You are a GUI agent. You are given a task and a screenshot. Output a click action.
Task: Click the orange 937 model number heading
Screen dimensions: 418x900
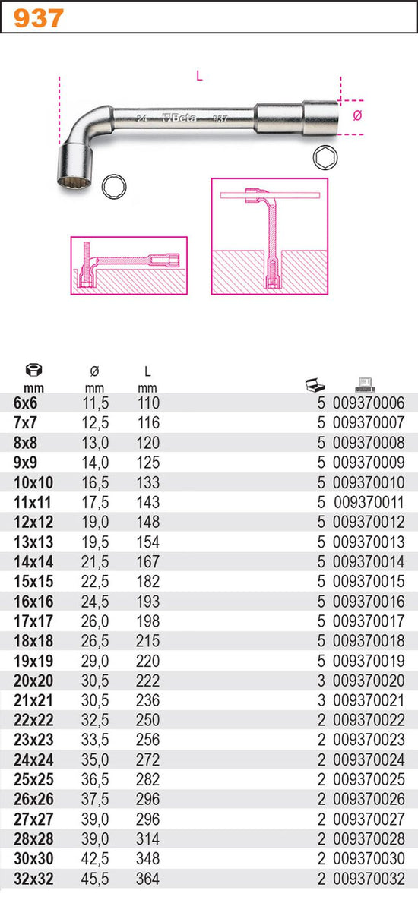pos(38,18)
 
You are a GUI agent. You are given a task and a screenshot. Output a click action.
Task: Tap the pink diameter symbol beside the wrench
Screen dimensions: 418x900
pos(357,115)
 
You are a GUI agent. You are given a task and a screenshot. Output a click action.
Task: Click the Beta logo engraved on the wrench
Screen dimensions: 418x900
pos(179,118)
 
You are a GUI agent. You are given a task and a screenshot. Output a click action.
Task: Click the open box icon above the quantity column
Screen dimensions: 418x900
pos(316,385)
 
